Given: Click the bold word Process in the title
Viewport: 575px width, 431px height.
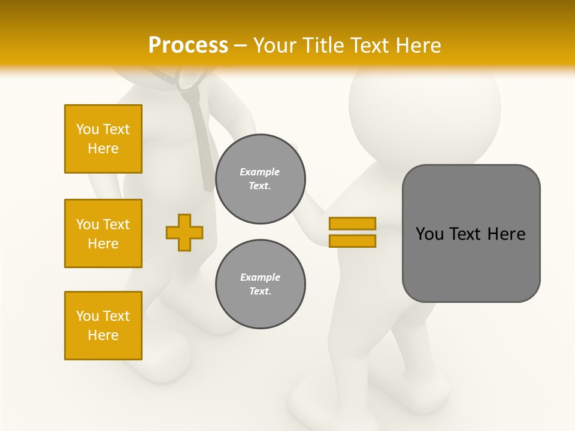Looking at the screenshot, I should click(x=188, y=45).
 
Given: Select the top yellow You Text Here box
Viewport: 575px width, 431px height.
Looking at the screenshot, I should click(x=103, y=139).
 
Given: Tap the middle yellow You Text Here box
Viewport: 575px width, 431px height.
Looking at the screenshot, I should click(x=103, y=233).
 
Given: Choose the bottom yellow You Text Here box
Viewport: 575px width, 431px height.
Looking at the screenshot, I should click(x=103, y=326).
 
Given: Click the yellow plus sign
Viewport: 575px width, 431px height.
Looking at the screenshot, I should click(x=184, y=232).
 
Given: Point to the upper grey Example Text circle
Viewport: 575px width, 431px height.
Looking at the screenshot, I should click(x=260, y=179).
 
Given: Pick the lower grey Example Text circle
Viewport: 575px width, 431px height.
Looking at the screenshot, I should click(x=260, y=284).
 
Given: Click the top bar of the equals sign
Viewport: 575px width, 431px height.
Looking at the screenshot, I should click(x=352, y=223).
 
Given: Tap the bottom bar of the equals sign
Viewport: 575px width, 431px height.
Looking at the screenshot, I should click(x=352, y=241).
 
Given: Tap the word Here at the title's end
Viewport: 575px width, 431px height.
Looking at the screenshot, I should click(x=418, y=45).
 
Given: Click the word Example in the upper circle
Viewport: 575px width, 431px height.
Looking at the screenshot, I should click(x=260, y=172).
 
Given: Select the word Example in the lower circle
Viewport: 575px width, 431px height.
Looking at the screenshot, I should click(x=260, y=277).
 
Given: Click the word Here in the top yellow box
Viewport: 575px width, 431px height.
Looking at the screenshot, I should click(x=103, y=148).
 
